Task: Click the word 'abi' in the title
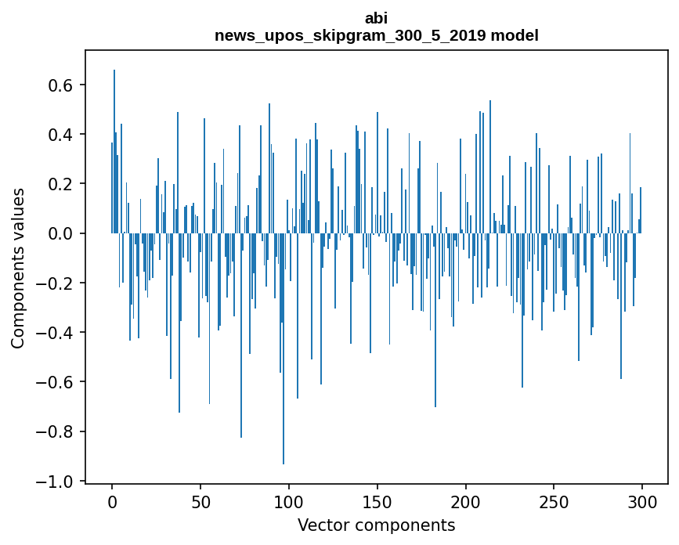tap(376, 18)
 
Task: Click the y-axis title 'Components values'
tap(17, 268)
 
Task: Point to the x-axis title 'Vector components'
tap(376, 525)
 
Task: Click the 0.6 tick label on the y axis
tap(62, 85)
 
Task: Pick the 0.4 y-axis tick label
tap(62, 135)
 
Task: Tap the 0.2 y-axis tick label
tap(62, 184)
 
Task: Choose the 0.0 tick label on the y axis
tap(62, 233)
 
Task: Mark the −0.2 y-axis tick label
tap(56, 283)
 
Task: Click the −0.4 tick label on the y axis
tap(56, 333)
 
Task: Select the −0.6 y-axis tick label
tap(56, 382)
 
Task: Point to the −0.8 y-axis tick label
tap(56, 431)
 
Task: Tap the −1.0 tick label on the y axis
tap(56, 481)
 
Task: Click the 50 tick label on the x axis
tap(200, 501)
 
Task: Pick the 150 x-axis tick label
tap(377, 501)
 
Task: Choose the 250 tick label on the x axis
tap(554, 501)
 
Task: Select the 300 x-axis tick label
tap(643, 501)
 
